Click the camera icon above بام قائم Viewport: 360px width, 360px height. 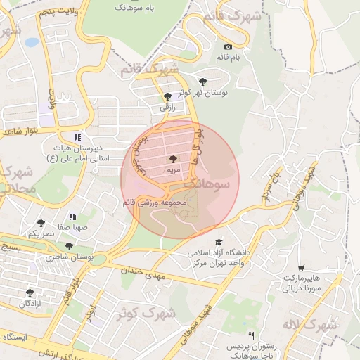(227, 46)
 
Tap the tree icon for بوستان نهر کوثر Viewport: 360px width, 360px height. (203, 81)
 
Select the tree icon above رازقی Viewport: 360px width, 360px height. (167, 96)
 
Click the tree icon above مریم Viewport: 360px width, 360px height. (173, 160)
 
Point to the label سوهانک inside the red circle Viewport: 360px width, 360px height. (205, 184)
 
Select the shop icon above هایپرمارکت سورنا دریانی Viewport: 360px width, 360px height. (301, 268)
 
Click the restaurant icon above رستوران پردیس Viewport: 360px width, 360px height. (251, 336)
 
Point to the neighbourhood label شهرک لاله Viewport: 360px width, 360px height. (309, 325)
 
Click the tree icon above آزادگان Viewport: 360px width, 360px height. (29, 292)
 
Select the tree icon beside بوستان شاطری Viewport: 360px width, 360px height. (69, 246)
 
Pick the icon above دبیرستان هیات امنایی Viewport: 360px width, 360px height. (77, 137)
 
